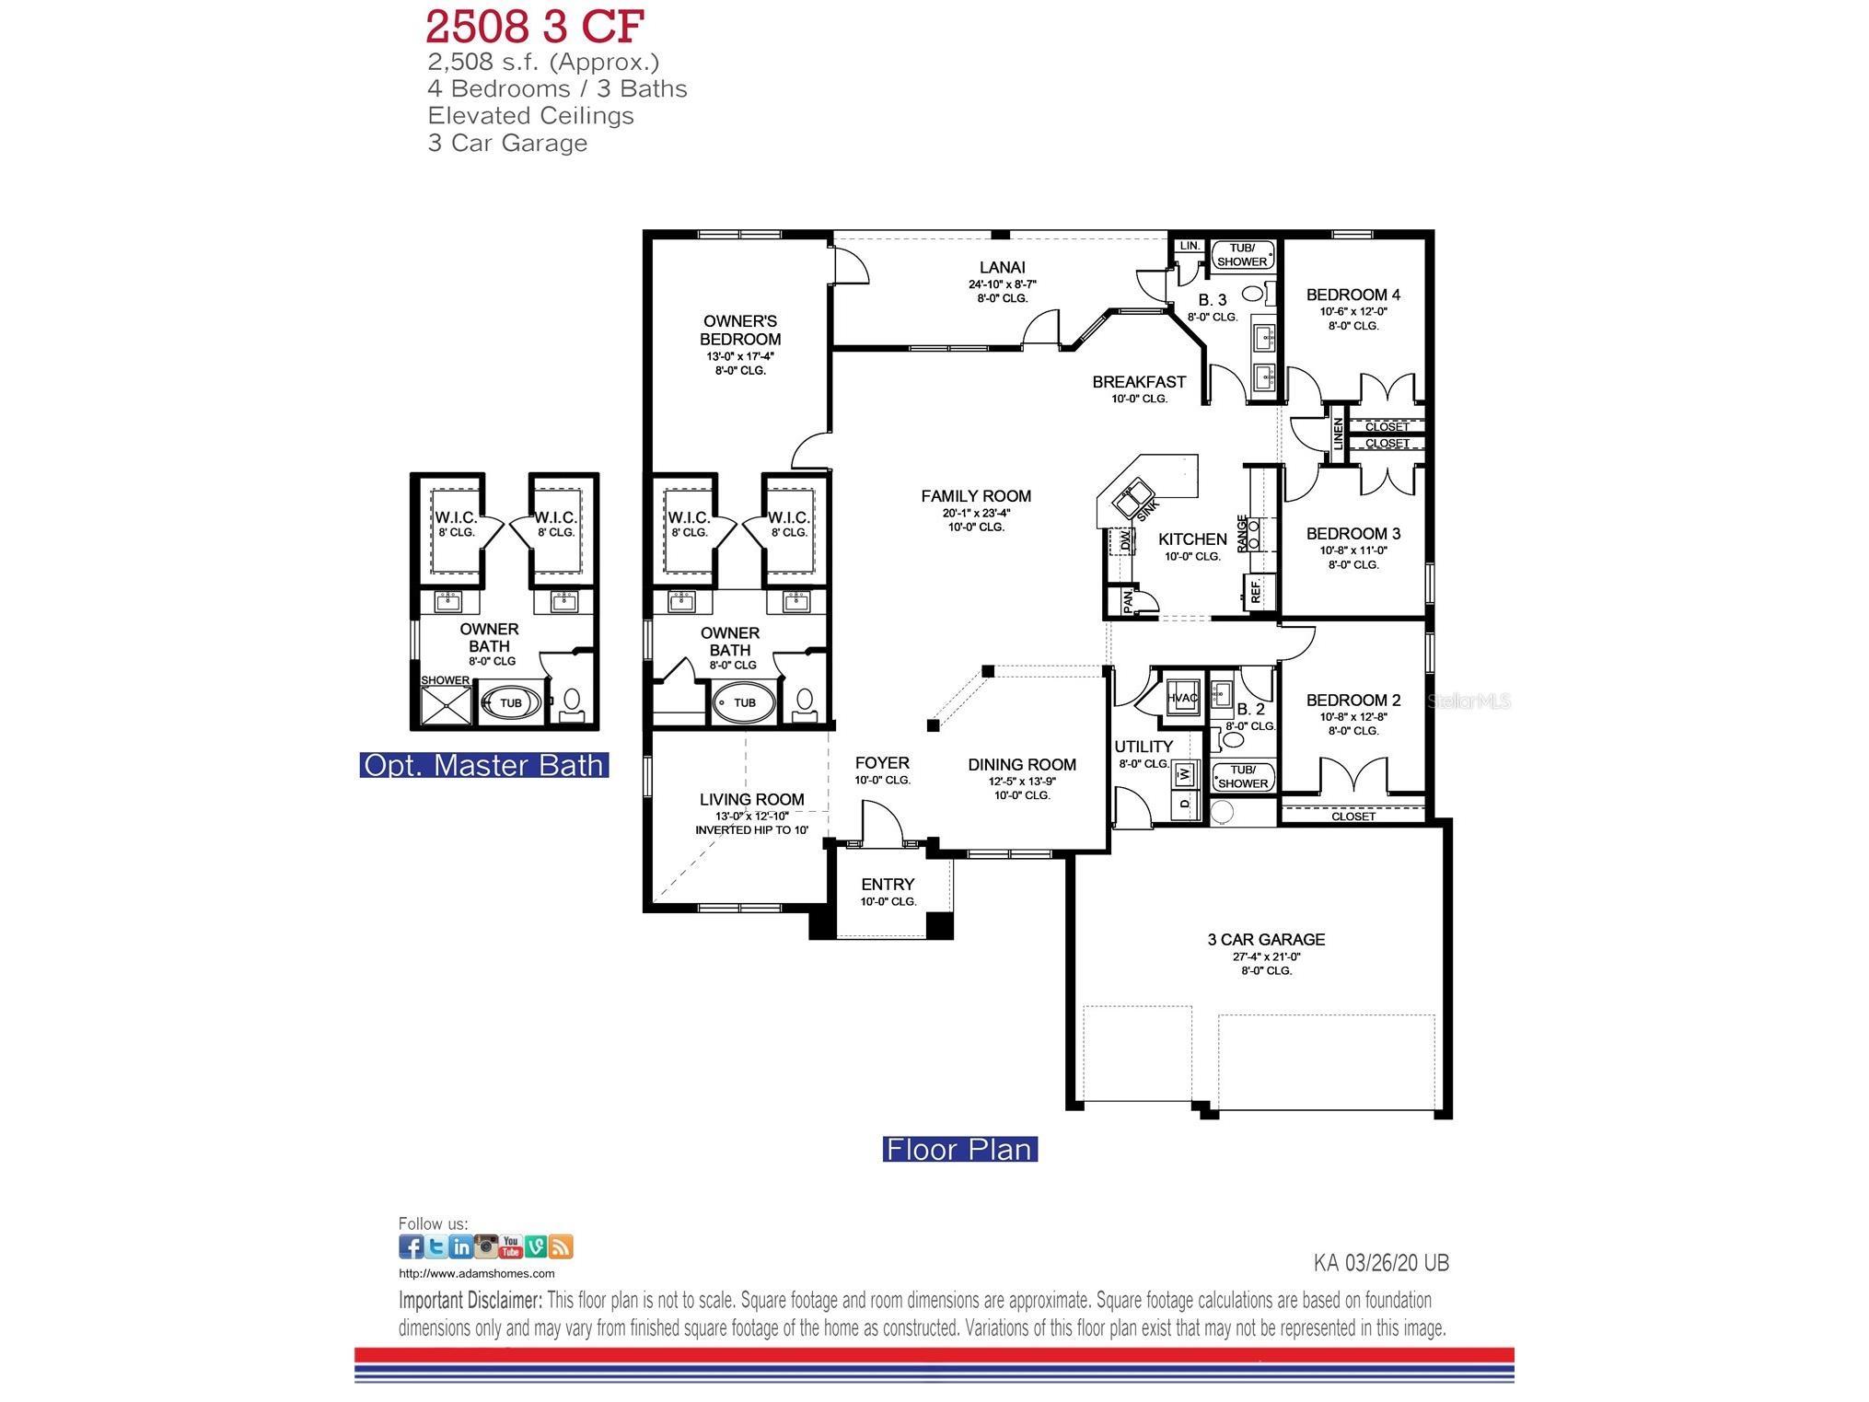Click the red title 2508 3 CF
point(534,28)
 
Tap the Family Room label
point(976,496)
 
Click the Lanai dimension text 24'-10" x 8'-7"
point(1002,284)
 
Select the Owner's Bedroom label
point(740,330)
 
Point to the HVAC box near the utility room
point(1182,698)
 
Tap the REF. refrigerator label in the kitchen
point(1255,590)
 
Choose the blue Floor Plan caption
point(959,1150)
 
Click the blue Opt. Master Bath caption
point(483,765)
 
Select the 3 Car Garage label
point(1266,939)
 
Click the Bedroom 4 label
point(1352,295)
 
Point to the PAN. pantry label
point(1128,601)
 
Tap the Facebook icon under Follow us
point(411,1247)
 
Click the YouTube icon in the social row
point(510,1247)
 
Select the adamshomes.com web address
point(476,1274)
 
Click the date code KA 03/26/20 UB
point(1380,1263)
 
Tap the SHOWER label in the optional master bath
point(446,680)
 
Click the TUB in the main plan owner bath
point(744,702)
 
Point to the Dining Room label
point(1021,764)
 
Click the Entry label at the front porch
point(888,884)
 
